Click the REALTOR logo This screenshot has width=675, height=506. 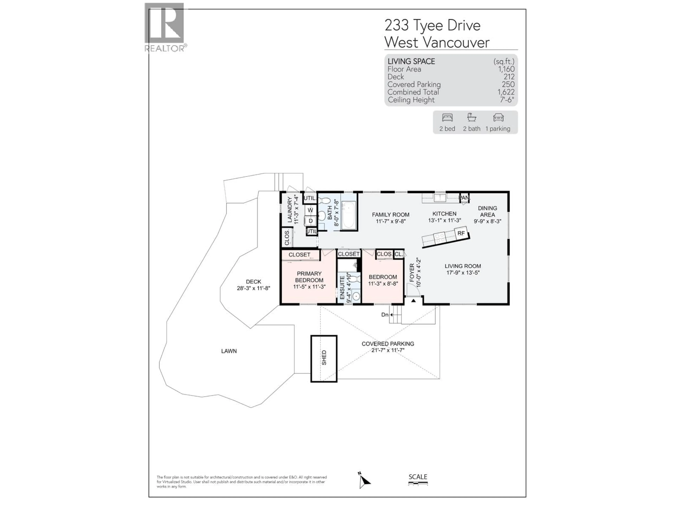click(165, 27)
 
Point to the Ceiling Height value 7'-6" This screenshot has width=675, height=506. click(507, 100)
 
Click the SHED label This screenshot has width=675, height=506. click(324, 358)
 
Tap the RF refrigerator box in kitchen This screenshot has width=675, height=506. click(461, 233)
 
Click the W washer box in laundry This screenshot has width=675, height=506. click(310, 210)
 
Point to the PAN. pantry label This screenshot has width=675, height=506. click(464, 198)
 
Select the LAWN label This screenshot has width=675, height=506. click(229, 351)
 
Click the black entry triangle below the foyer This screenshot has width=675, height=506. click(413, 301)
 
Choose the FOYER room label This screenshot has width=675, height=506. click(412, 273)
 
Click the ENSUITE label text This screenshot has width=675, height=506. click(342, 288)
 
